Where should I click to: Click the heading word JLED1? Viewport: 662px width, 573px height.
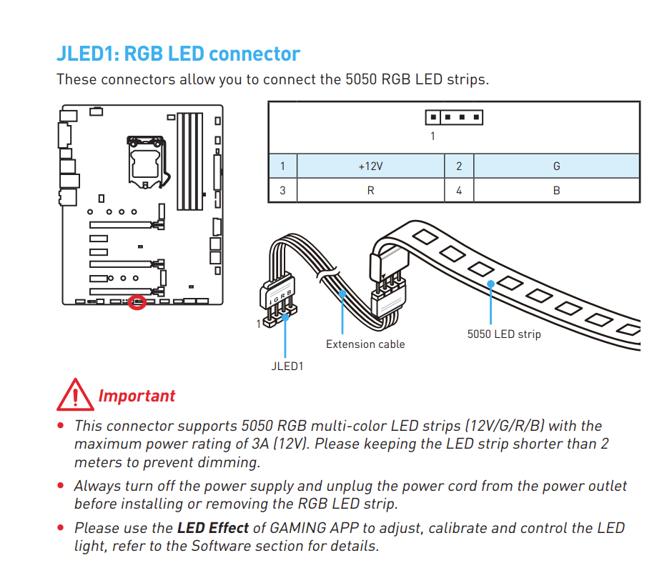click(x=88, y=54)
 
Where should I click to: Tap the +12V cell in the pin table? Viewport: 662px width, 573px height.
click(x=371, y=166)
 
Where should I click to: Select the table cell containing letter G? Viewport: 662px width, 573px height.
click(x=556, y=166)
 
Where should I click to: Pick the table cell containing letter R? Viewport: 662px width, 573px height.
click(x=371, y=190)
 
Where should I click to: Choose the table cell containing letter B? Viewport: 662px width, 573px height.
click(x=556, y=190)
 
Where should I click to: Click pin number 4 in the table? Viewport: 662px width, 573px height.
click(x=459, y=190)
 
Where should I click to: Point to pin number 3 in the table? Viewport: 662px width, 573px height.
click(x=283, y=190)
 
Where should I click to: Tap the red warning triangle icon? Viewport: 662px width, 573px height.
click(x=75, y=394)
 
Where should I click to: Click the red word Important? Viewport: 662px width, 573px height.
click(x=137, y=396)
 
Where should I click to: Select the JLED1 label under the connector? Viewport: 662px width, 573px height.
click(x=287, y=367)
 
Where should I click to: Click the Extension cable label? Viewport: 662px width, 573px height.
click(x=365, y=344)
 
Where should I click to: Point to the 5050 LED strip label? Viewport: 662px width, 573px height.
click(x=504, y=334)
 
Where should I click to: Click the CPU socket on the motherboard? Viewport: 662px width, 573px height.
click(x=146, y=161)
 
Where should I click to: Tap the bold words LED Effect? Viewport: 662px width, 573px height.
click(x=213, y=528)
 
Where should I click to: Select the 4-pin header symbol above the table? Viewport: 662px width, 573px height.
click(x=454, y=117)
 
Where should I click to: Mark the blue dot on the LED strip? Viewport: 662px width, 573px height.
click(x=490, y=284)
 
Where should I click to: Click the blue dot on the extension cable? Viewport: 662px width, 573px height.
click(x=342, y=293)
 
